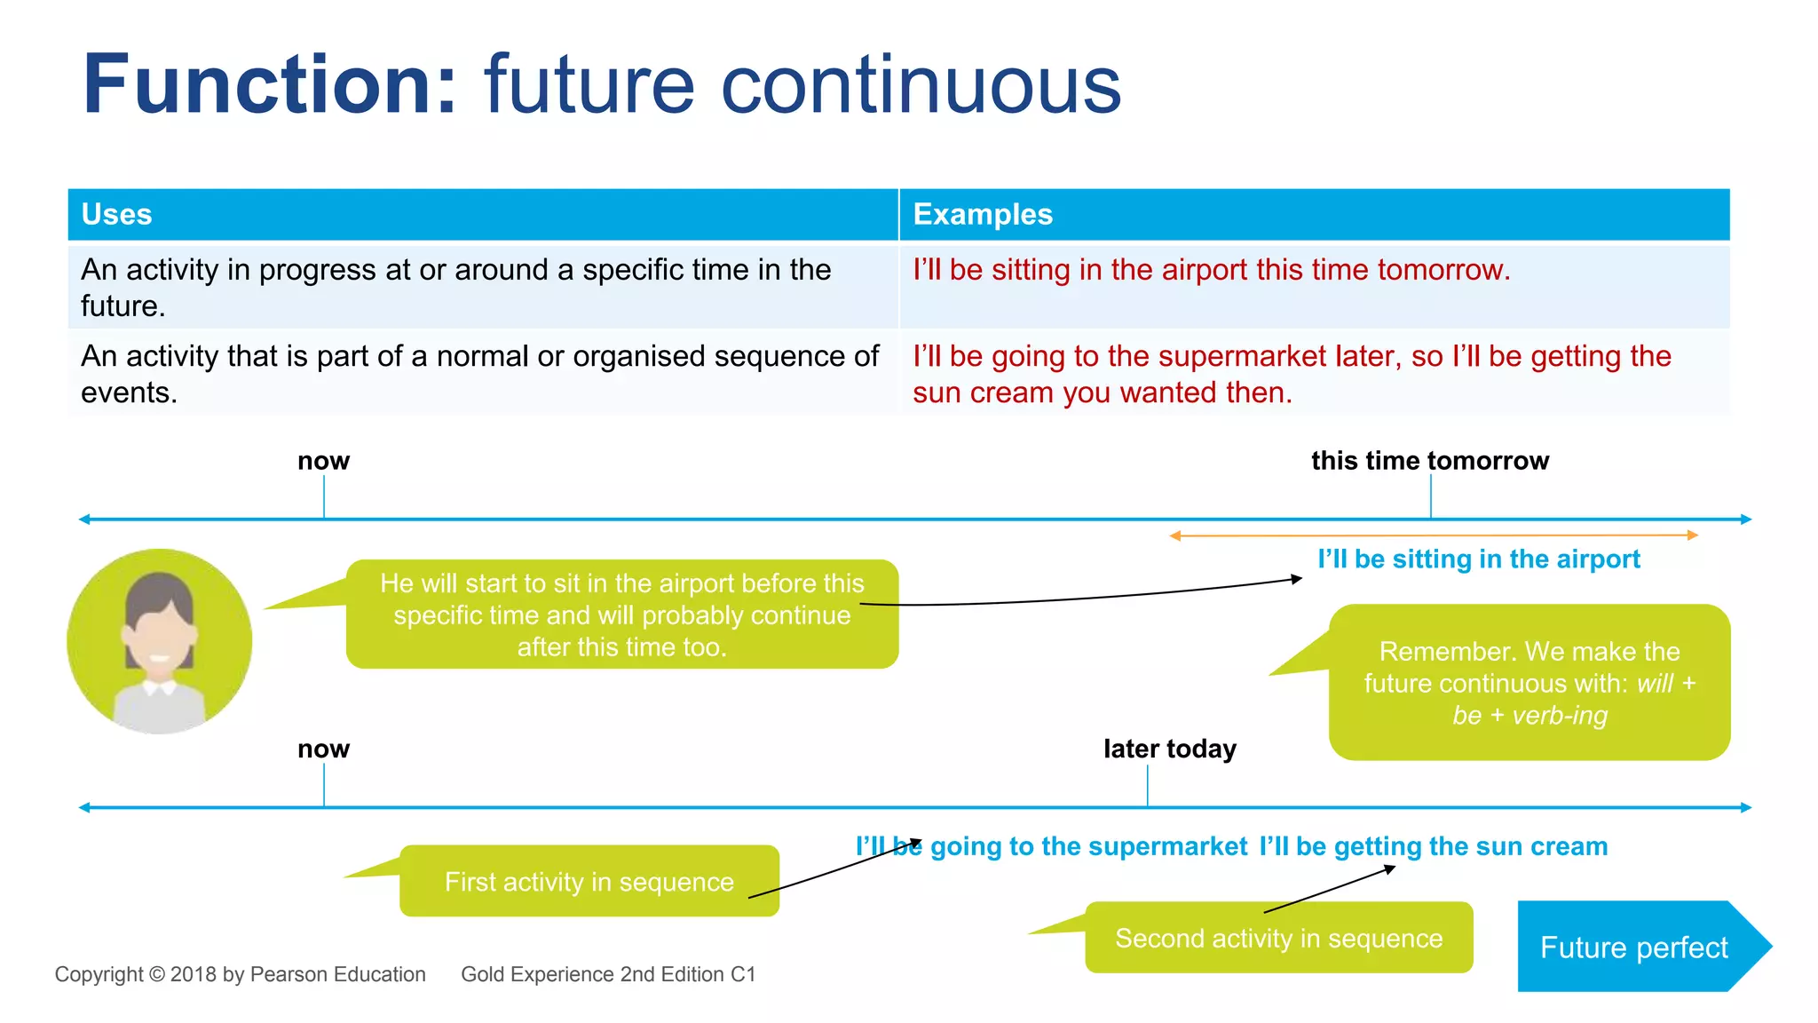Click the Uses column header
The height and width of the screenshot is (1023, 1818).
click(x=116, y=215)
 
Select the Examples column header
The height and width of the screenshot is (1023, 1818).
click(x=982, y=215)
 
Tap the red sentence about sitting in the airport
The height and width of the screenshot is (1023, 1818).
click(x=1211, y=270)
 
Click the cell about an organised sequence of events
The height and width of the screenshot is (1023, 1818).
click(x=479, y=374)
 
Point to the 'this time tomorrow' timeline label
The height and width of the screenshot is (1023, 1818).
click(x=1429, y=461)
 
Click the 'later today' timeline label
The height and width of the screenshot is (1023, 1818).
click(x=1169, y=749)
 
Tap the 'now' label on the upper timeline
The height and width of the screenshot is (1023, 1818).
click(x=323, y=461)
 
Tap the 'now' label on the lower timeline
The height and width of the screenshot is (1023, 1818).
click(x=323, y=749)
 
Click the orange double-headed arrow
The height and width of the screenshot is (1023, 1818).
click(x=1433, y=535)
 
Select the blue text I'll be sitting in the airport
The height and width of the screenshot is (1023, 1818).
click(x=1478, y=559)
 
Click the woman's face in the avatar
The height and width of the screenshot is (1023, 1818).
click(x=160, y=635)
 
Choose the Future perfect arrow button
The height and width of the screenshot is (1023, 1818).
click(x=1633, y=947)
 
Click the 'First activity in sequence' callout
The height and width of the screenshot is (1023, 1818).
click(x=589, y=882)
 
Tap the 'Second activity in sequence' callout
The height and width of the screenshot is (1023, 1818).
click(x=1278, y=938)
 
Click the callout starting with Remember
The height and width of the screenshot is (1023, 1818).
click(x=1529, y=683)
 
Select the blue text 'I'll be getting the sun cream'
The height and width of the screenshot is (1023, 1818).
click(x=1433, y=846)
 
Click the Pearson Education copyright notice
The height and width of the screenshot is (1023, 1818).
click(x=240, y=974)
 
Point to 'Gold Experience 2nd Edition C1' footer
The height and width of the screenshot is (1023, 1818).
click(x=608, y=974)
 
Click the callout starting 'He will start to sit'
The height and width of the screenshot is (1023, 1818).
click(x=621, y=615)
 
